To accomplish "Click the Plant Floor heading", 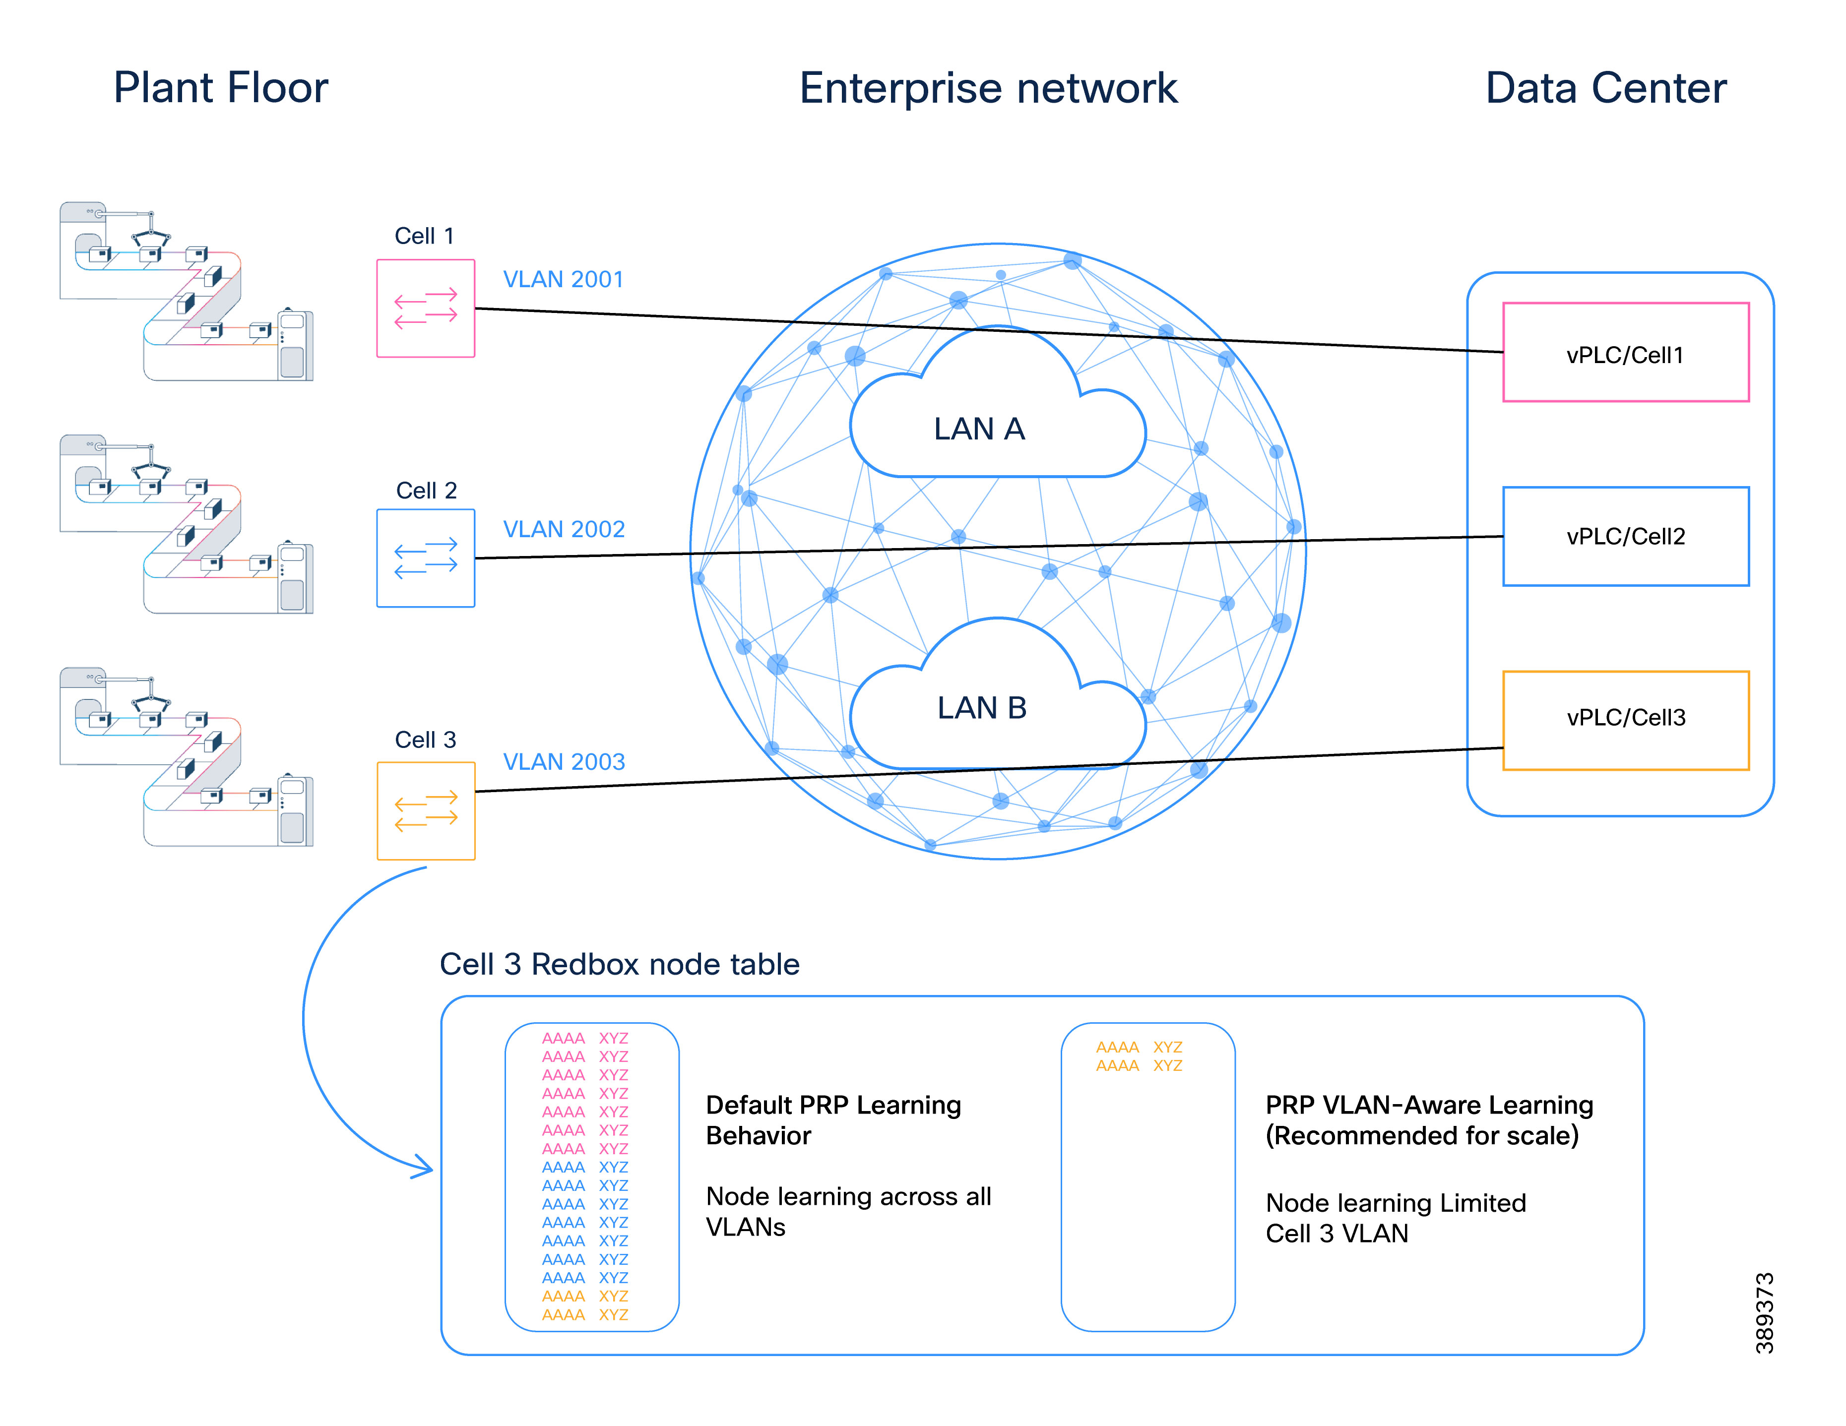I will point(221,88).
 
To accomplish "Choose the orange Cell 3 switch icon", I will point(426,810).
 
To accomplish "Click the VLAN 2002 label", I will point(564,529).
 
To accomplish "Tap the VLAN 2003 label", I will point(564,761).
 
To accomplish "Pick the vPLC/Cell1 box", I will point(1625,353).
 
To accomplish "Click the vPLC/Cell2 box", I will point(1625,536).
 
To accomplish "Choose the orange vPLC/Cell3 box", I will point(1625,719).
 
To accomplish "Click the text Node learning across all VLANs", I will point(848,1210).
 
